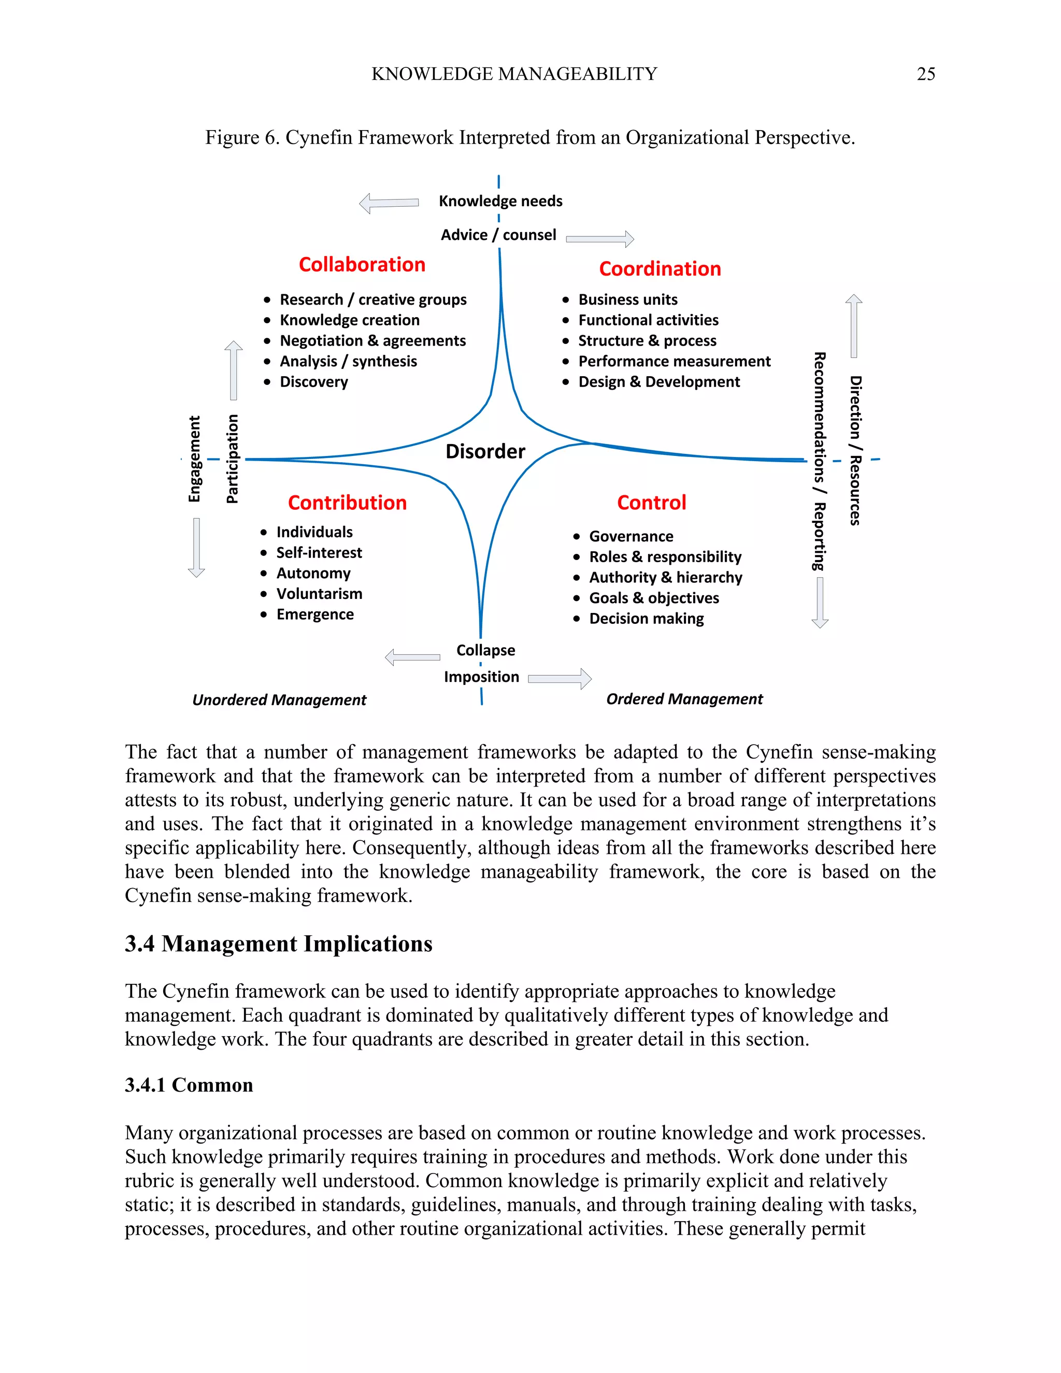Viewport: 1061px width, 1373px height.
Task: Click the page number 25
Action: [x=925, y=74]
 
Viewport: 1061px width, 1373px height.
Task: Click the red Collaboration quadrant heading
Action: [x=362, y=265]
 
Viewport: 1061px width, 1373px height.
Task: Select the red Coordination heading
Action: [x=659, y=269]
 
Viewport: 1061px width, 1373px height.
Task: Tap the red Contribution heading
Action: [x=347, y=503]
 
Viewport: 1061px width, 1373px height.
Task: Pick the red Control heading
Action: [x=651, y=503]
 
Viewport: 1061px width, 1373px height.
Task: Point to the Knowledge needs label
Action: [x=500, y=201]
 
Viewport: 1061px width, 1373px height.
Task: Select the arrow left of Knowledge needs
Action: [x=389, y=203]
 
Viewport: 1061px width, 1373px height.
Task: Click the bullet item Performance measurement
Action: [x=674, y=362]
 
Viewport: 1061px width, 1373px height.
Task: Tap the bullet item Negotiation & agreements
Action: [x=372, y=341]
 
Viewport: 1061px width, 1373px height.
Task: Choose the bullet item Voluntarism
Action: [x=319, y=594]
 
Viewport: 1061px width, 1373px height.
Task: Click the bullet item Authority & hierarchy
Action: [x=666, y=578]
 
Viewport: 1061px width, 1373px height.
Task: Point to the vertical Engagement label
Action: [x=195, y=459]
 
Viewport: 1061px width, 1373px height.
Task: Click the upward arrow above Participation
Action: [x=233, y=370]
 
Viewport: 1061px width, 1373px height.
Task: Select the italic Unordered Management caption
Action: [x=279, y=700]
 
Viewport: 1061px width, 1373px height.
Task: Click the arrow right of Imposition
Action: [x=560, y=679]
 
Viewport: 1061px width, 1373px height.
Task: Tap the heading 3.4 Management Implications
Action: [x=278, y=944]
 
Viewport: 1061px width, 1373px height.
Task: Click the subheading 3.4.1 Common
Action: [x=189, y=1085]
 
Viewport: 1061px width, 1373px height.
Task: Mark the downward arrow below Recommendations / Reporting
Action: [x=820, y=602]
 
